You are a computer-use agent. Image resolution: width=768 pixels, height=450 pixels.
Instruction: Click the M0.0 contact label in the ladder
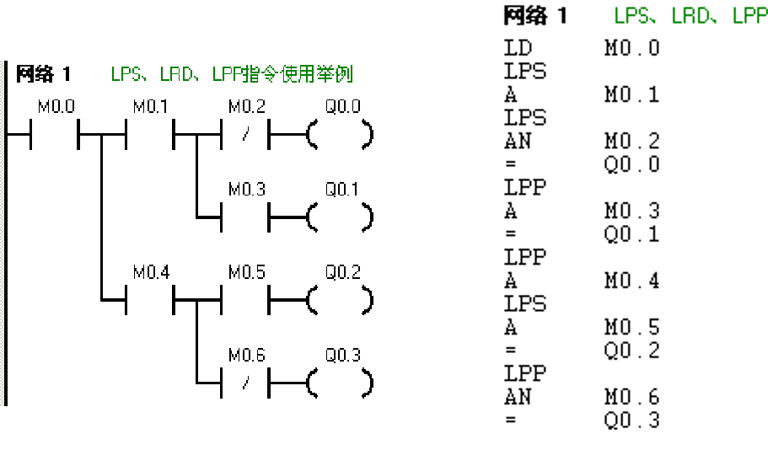pyautogui.click(x=56, y=107)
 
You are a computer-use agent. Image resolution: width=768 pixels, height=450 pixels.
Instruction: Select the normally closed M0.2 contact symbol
pyautogui.click(x=244, y=134)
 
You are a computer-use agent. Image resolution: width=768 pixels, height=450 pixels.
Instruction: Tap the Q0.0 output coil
pyautogui.click(x=341, y=134)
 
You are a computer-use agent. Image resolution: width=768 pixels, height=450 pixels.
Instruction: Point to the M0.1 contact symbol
pyautogui.click(x=150, y=134)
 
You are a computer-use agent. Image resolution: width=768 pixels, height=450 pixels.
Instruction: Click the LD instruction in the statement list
pyautogui.click(x=518, y=48)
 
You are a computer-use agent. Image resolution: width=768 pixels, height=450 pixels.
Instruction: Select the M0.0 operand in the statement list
pyautogui.click(x=631, y=48)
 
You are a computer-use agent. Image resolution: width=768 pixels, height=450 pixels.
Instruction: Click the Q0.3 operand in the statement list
pyautogui.click(x=631, y=420)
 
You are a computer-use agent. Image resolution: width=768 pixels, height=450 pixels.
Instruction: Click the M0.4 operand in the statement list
pyautogui.click(x=631, y=281)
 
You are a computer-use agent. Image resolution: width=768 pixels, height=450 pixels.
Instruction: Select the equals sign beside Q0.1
pyautogui.click(x=510, y=235)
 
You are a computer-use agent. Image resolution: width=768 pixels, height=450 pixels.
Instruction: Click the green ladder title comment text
pyautogui.click(x=231, y=74)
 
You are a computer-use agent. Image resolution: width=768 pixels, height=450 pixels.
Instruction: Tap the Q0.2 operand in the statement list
pyautogui.click(x=631, y=350)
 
